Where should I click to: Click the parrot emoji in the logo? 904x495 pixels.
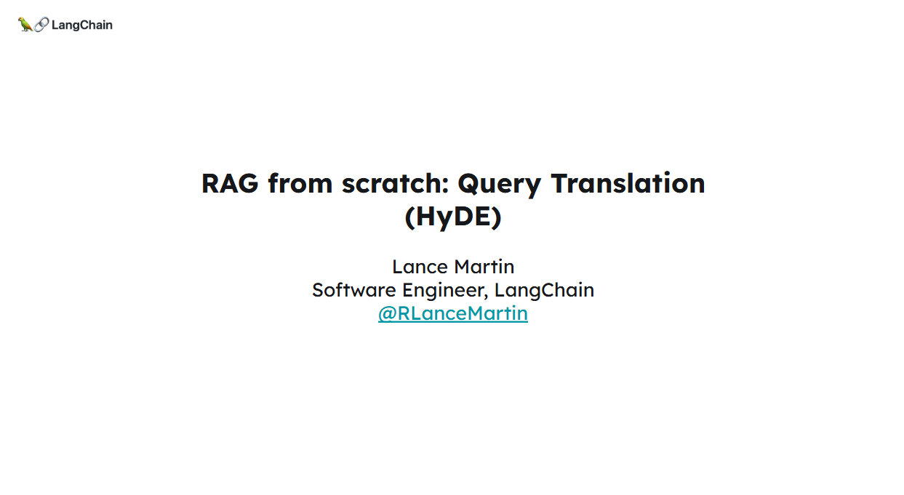click(25, 25)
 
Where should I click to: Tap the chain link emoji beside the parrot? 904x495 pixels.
click(41, 25)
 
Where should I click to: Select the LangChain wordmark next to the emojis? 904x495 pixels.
click(82, 25)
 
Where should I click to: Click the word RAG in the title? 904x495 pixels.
click(230, 183)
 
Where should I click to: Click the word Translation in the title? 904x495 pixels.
click(628, 183)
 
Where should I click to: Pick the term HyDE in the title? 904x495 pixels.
click(453, 217)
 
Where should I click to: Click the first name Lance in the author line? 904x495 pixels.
click(420, 267)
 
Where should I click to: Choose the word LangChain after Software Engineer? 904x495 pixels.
click(544, 290)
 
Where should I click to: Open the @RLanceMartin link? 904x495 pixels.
click(453, 314)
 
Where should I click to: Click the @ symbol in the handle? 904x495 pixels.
click(387, 314)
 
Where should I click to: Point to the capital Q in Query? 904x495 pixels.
click(468, 184)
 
